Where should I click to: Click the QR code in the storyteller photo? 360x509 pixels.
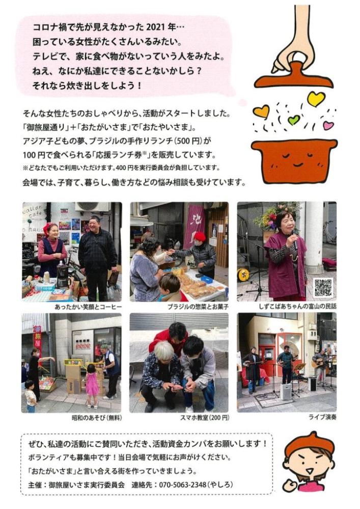tap(323, 287)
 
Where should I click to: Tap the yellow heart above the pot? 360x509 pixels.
tap(316, 98)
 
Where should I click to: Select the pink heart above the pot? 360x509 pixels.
tap(328, 125)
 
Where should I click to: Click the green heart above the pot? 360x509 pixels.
tap(294, 120)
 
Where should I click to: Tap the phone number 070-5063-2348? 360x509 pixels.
tap(182, 485)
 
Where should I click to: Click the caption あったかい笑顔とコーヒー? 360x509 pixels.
tap(88, 307)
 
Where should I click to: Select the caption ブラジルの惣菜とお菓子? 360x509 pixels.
tap(199, 307)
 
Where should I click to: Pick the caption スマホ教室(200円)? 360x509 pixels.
tap(205, 418)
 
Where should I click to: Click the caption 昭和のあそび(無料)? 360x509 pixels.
tap(97, 418)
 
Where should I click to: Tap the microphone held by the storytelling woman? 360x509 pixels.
tap(295, 239)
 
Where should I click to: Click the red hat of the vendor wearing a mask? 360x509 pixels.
tap(200, 236)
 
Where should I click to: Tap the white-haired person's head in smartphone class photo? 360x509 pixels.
tap(164, 351)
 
